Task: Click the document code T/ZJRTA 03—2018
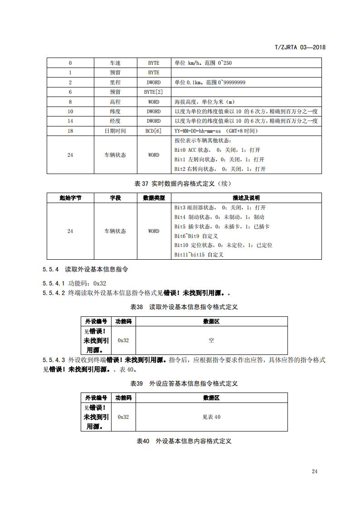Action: point(301,47)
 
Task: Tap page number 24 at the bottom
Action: point(315,471)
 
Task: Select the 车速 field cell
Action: point(115,63)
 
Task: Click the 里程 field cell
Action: point(115,82)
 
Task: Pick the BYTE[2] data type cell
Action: point(153,92)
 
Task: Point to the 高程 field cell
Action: point(115,102)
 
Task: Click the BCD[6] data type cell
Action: point(153,131)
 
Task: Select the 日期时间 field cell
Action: point(115,131)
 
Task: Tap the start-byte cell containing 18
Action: point(70,131)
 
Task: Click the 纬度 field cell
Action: point(115,111)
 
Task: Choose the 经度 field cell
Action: point(115,121)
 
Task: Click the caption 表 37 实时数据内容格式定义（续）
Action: point(184,184)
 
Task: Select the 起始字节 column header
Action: point(70,198)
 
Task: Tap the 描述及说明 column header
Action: point(246,198)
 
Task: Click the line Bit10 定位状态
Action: point(223,245)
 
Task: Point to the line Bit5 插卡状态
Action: point(222,226)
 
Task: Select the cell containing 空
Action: point(211,340)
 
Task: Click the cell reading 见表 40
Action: point(211,417)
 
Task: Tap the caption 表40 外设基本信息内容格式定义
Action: point(184,441)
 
